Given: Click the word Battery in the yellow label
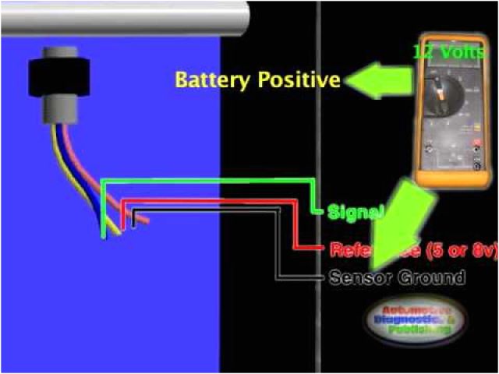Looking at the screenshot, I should point(206,79).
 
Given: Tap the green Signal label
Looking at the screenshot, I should point(356,211).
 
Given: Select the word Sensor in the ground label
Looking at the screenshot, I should point(362,277).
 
